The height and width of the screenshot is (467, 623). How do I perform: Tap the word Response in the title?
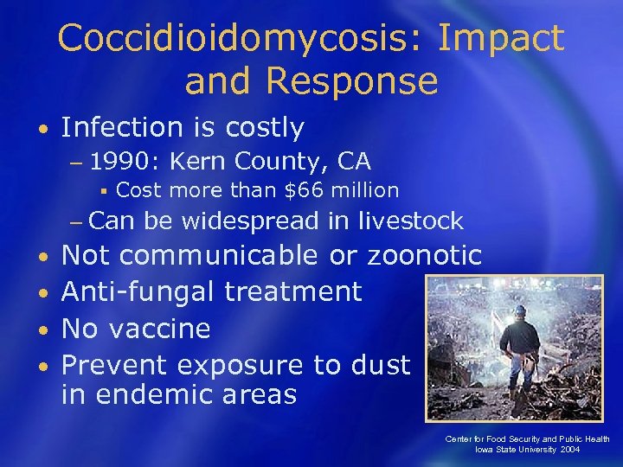pyautogui.click(x=352, y=81)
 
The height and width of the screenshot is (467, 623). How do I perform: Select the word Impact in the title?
pyautogui.click(x=501, y=39)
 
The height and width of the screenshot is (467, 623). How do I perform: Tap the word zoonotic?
pyautogui.click(x=424, y=256)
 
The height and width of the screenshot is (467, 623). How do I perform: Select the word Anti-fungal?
pyautogui.click(x=138, y=291)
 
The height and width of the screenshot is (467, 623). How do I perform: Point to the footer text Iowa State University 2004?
pyautogui.click(x=528, y=451)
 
